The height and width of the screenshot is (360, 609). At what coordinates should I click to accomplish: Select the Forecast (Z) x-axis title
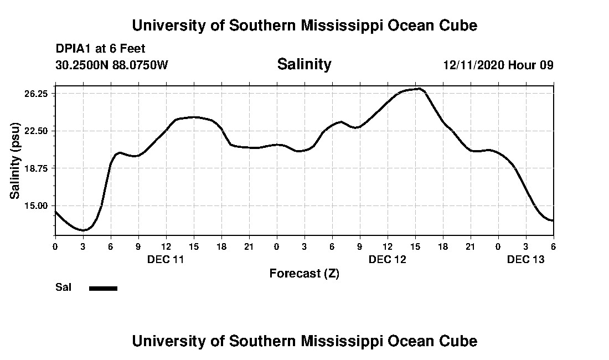[x=304, y=273]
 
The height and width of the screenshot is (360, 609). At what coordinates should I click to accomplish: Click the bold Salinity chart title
[x=304, y=64]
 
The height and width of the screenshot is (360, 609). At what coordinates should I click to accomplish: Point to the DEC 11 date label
[x=166, y=259]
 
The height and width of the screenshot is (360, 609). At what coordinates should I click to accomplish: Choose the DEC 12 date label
[x=388, y=259]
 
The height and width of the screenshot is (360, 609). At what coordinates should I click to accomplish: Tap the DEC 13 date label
[x=526, y=259]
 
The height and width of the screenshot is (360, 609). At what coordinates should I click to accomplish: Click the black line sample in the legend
[x=103, y=288]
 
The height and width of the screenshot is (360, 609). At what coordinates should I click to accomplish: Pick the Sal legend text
[x=64, y=287]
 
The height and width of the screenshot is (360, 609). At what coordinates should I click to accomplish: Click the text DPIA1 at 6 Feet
[x=100, y=49]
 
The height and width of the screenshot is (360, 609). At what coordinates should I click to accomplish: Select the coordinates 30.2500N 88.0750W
[x=111, y=65]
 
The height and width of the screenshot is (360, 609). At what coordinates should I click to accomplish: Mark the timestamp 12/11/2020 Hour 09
[x=498, y=65]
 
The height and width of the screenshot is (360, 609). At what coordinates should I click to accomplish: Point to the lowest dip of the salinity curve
[x=83, y=230]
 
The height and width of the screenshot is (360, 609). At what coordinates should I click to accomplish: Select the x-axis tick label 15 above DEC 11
[x=193, y=247]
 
